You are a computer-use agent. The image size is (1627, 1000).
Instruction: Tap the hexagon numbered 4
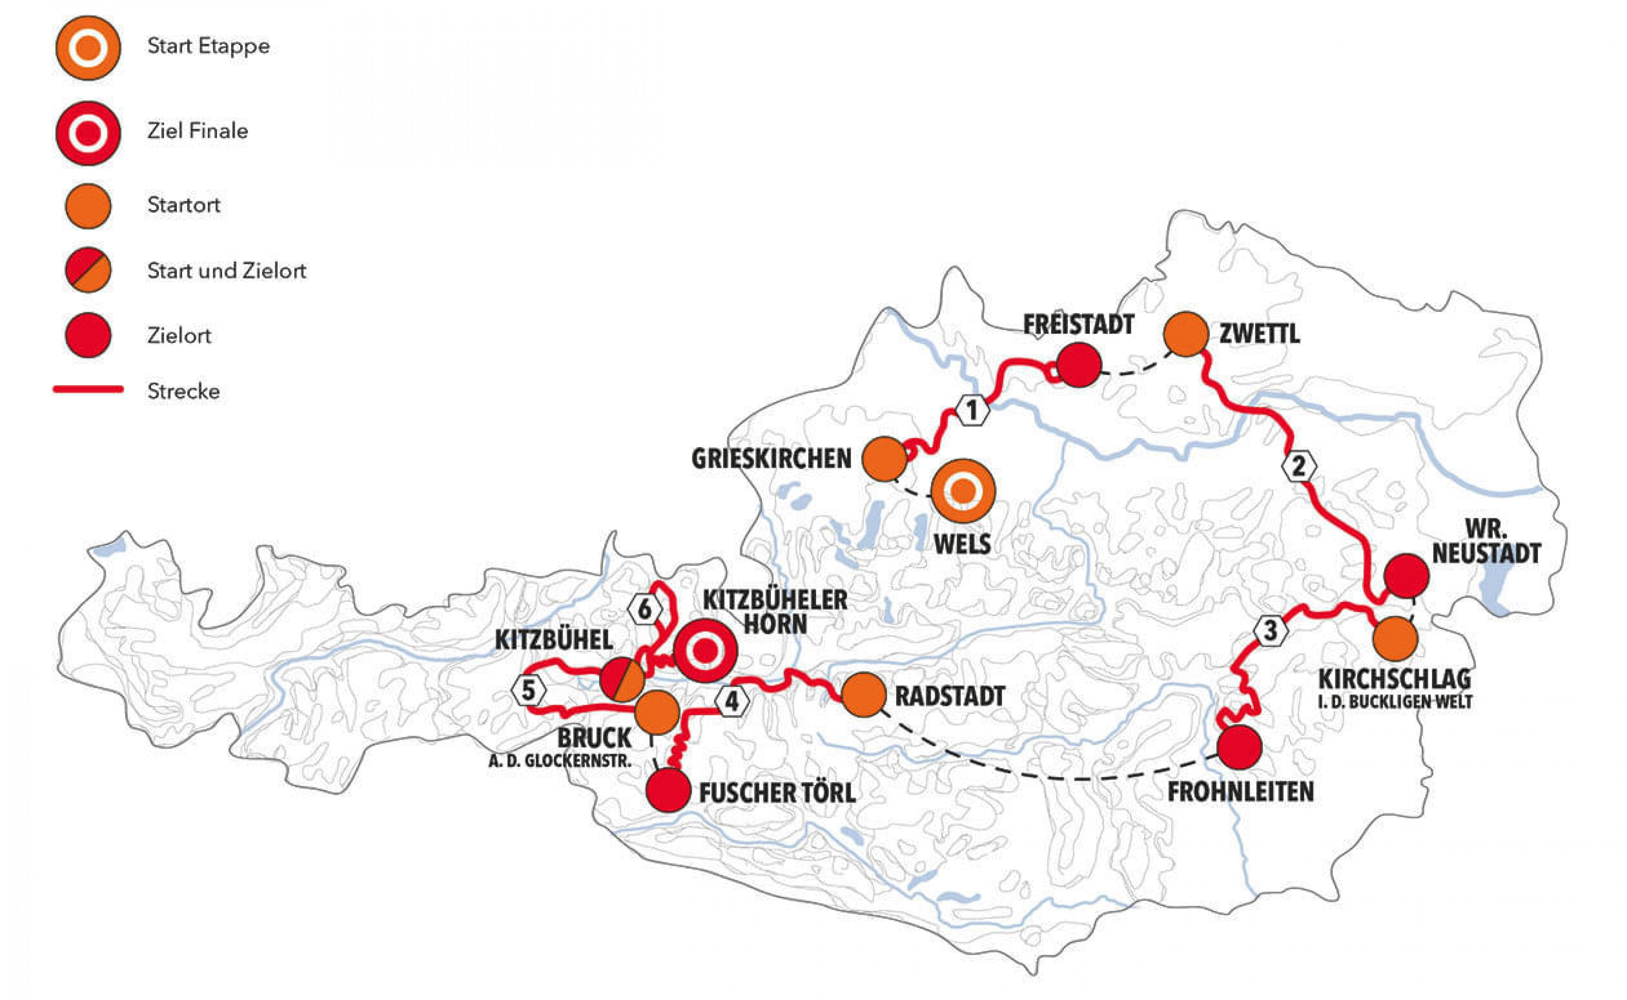[732, 702]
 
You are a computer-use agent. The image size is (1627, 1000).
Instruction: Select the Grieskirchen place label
[771, 459]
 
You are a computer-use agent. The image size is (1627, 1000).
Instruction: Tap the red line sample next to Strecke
[88, 389]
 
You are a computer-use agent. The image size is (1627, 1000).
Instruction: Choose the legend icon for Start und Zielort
[88, 270]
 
